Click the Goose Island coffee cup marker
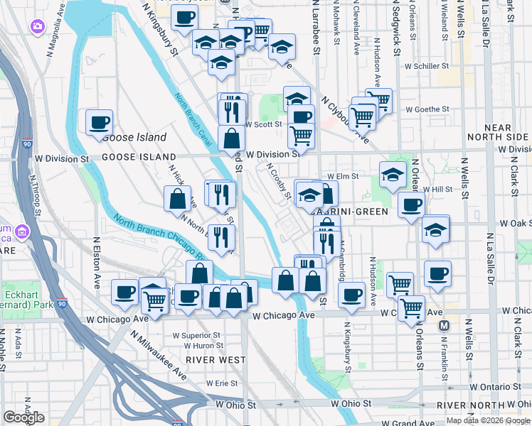pyautogui.click(x=99, y=121)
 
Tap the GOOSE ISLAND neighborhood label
pyautogui.click(x=139, y=156)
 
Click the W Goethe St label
pyautogui.click(x=427, y=109)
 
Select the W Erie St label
pyautogui.click(x=222, y=383)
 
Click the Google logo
pyautogui.click(x=23, y=417)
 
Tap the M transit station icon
pyautogui.click(x=445, y=326)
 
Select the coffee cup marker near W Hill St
pyautogui.click(x=410, y=205)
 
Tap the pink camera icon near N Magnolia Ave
pyautogui.click(x=36, y=26)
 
